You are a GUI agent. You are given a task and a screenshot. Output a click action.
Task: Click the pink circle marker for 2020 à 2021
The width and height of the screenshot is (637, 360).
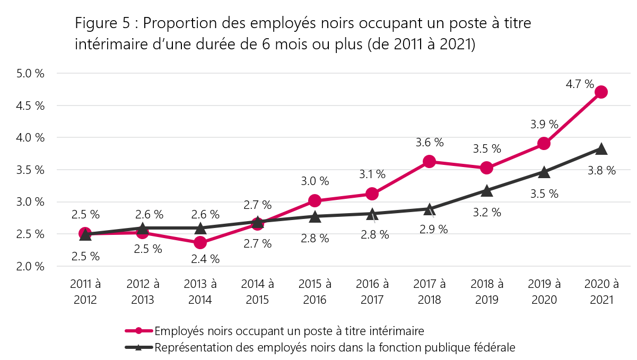click(601, 92)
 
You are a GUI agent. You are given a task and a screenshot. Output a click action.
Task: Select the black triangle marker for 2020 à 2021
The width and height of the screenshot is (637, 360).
click(601, 149)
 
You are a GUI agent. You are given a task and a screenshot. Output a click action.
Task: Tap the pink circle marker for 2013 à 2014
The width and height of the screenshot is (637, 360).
click(200, 243)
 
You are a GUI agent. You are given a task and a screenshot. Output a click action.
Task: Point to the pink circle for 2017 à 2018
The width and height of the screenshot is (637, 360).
click(429, 162)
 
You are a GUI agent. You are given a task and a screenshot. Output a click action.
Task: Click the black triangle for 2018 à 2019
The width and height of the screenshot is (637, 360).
click(486, 190)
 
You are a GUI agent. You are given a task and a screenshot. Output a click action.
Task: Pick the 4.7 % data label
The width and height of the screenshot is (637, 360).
click(580, 84)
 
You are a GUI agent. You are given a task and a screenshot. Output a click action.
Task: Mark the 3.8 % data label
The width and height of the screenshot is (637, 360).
click(603, 171)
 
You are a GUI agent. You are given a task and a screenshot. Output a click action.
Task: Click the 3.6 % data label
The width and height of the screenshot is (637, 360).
click(430, 142)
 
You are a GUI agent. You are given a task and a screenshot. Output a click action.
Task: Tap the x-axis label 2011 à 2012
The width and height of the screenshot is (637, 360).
click(85, 292)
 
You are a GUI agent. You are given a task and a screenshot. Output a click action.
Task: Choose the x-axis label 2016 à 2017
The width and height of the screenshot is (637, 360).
click(372, 292)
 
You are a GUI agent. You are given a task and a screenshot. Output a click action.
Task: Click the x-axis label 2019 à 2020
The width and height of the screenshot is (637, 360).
click(544, 292)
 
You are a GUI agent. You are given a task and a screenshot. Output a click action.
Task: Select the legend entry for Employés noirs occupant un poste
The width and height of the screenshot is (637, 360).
click(289, 331)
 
